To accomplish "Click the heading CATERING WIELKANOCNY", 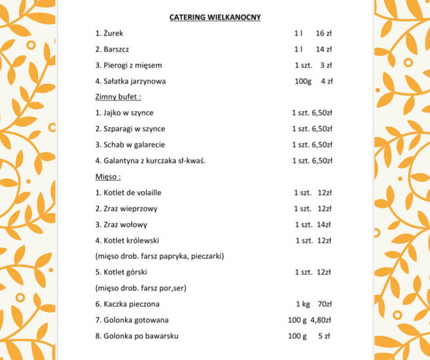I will point(215,17).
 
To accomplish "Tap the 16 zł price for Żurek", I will point(324,33).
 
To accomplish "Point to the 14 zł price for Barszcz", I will point(324,49).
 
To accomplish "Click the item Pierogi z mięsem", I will point(128,65).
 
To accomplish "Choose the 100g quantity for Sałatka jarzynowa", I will point(303,81).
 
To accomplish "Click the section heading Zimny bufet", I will point(118,97).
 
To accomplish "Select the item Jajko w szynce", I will point(124,113).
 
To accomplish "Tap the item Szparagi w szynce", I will point(130,129).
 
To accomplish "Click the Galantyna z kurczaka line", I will point(150,161).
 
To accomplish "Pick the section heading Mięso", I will point(108,177).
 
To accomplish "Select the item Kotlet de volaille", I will point(128,193).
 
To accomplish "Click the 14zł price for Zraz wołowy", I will point(324,224).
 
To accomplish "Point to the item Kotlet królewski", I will point(127,240).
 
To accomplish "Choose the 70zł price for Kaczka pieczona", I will point(324,304).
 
